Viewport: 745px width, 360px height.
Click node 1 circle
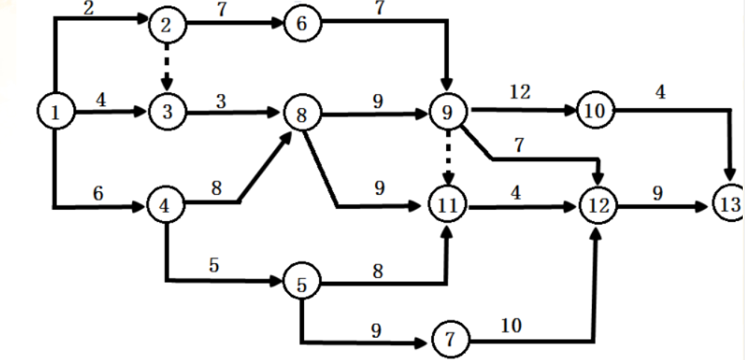click(x=55, y=114)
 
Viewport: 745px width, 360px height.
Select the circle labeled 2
click(x=167, y=25)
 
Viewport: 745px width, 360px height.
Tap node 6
click(x=300, y=24)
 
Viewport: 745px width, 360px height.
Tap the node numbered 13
click(x=728, y=204)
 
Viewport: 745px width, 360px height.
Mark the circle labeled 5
click(x=300, y=284)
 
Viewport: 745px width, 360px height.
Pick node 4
click(x=165, y=205)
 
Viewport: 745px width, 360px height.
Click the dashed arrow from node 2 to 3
click(x=167, y=69)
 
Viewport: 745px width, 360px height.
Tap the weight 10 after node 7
click(x=513, y=325)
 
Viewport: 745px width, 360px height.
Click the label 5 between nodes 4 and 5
click(x=214, y=266)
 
